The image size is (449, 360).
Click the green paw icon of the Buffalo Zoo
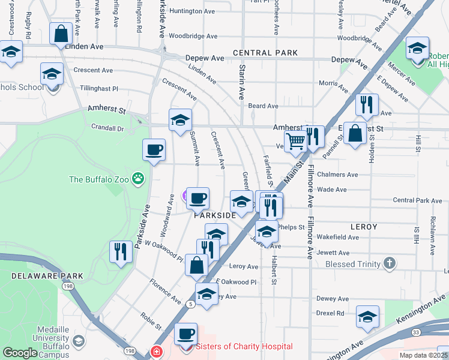139,178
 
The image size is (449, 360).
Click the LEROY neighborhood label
364,227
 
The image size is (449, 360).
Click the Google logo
20,353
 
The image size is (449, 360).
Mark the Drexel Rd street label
332,313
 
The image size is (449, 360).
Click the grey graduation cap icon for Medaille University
77,341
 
